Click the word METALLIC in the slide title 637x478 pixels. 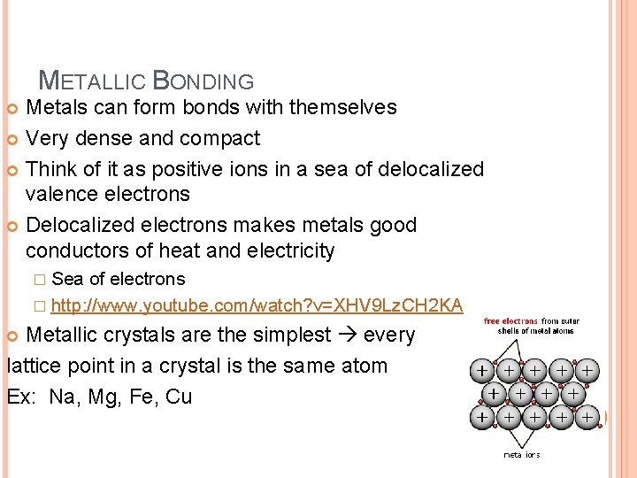click(93, 81)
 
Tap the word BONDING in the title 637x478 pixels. click(203, 81)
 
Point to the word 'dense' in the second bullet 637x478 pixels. click(143, 139)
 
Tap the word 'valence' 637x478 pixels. click(64, 194)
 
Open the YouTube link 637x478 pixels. click(257, 306)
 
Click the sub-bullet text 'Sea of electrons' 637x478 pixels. click(119, 280)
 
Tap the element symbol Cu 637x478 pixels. click(179, 396)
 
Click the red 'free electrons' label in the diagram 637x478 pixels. click(511, 321)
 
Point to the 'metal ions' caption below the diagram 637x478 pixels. click(522, 455)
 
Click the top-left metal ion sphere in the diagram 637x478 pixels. click(480, 369)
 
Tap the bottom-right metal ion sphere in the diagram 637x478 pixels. click(586, 415)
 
